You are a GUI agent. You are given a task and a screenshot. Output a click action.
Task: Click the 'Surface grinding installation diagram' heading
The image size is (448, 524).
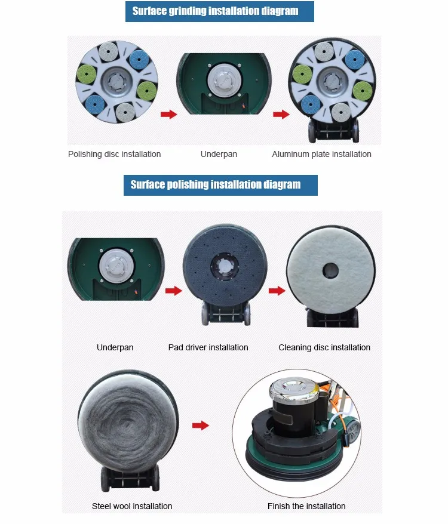(215, 11)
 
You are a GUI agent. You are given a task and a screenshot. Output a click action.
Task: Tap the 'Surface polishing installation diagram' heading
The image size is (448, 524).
(216, 184)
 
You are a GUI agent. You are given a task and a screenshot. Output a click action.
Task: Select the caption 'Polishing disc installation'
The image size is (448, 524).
(115, 154)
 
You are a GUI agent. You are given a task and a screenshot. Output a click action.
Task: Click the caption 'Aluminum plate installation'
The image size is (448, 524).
(321, 154)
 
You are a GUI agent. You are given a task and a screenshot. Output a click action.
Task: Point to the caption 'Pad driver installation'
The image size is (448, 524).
(208, 347)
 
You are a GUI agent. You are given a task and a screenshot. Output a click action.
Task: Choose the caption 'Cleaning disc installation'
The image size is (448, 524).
(324, 347)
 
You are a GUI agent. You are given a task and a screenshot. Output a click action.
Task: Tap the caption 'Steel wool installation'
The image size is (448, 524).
(132, 506)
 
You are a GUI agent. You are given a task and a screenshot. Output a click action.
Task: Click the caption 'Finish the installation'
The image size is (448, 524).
(306, 506)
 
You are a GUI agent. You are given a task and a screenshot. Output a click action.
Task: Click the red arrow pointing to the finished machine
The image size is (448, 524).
(201, 426)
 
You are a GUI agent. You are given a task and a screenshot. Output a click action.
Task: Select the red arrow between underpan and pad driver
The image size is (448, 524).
(174, 291)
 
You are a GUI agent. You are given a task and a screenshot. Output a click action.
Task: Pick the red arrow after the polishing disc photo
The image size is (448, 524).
(169, 115)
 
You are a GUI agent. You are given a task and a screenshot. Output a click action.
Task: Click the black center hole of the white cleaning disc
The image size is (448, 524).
(330, 270)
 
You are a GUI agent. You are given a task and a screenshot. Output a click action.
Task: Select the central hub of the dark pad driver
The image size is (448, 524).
(225, 266)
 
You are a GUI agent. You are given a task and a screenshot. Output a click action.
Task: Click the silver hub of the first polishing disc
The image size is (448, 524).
(116, 82)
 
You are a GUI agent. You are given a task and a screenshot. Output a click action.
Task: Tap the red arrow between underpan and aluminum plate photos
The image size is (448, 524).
(281, 115)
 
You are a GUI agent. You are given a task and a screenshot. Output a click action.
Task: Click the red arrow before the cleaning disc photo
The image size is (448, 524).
(277, 291)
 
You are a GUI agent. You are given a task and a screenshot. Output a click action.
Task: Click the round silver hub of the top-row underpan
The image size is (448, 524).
(223, 80)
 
